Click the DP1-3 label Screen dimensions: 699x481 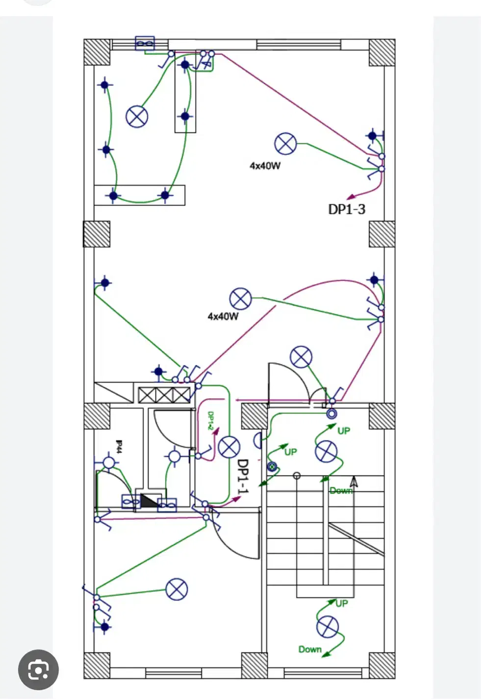tap(346, 209)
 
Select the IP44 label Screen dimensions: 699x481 tap(119, 447)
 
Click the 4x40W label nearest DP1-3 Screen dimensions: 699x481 tap(265, 166)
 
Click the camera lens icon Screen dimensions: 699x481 tap(38, 670)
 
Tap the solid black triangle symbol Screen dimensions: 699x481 tap(149, 500)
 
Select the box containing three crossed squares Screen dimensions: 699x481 tap(164, 395)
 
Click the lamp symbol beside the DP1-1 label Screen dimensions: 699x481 tap(228, 447)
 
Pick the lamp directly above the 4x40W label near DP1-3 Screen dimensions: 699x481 tap(285, 144)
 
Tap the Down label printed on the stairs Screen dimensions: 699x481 tap(341, 490)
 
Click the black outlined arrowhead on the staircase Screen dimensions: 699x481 tap(354, 482)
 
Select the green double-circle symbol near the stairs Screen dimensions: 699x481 tap(272, 467)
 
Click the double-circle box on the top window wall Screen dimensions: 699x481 tap(145, 44)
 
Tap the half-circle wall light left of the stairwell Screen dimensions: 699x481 tap(257, 440)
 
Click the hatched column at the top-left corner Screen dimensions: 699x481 tap(97, 52)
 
